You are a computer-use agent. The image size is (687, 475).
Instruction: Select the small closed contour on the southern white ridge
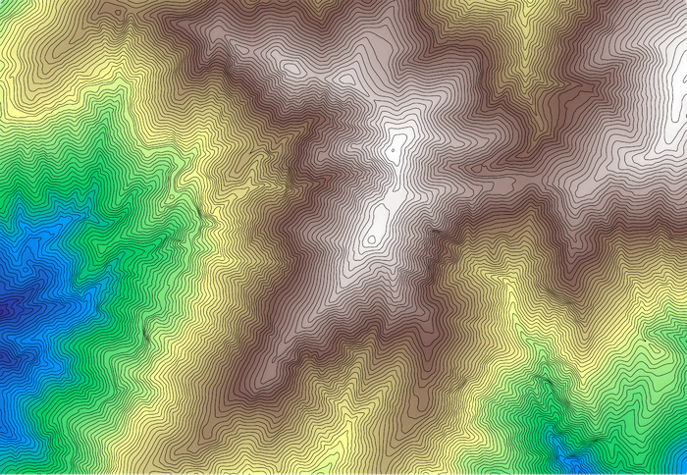[371, 238]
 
